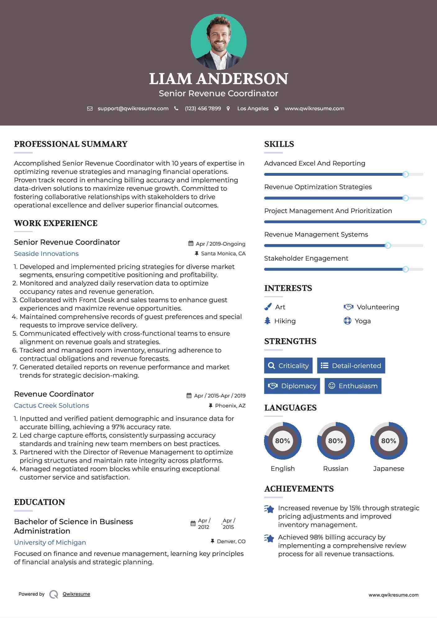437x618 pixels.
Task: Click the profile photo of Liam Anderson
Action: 218,42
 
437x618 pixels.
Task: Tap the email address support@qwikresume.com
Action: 133,108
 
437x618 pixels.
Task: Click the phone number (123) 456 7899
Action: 203,108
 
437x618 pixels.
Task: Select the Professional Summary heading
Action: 71,144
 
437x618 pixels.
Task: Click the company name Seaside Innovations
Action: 46,254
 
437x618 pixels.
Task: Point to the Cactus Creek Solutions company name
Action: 52,406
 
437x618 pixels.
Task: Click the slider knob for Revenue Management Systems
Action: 388,246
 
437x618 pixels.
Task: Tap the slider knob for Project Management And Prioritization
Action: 423,222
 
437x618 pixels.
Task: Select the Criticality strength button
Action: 288,366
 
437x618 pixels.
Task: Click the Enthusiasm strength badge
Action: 353,386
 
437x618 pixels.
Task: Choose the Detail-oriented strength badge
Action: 351,366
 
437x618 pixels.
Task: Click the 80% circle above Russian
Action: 335,441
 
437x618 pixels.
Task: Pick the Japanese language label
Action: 389,468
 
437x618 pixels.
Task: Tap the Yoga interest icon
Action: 347,321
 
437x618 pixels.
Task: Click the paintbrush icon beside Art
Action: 268,307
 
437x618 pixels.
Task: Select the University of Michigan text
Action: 50,543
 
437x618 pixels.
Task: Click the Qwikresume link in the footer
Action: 76,594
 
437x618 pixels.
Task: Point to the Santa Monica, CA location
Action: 223,253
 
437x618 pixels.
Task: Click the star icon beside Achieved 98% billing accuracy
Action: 269,538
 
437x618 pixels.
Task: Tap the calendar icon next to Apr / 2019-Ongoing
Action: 191,243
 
